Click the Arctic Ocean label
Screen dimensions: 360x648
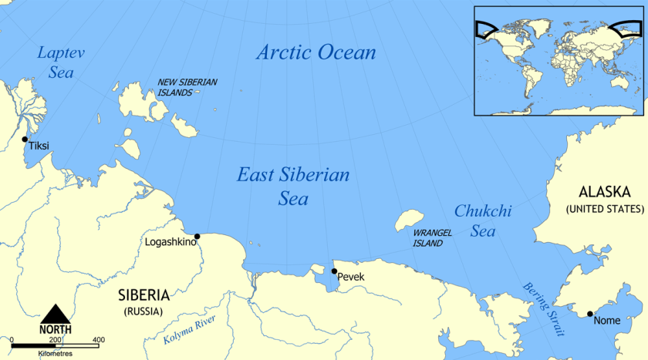pos(316,52)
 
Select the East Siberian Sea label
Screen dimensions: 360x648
pos(292,187)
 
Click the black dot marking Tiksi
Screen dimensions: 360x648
pos(25,140)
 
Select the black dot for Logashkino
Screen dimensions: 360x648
pos(197,236)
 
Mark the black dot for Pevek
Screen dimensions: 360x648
pos(333,271)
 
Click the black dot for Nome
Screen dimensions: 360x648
pos(590,314)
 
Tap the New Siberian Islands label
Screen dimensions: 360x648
pos(187,86)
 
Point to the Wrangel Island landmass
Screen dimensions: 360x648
pos(409,220)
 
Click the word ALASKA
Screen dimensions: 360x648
pos(605,192)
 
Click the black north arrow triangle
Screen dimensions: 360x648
pos(56,314)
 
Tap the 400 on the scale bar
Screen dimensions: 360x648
pos(98,340)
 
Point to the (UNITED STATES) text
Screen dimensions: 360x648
pos(605,209)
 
